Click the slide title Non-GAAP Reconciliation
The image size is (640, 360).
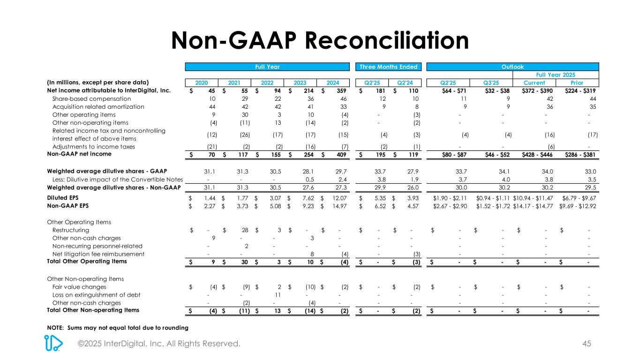coord(320,40)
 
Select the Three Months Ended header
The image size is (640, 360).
coord(388,67)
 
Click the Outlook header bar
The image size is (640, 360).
coord(513,67)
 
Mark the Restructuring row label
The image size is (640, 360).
coord(71,230)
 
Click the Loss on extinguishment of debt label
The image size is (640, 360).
coord(96,295)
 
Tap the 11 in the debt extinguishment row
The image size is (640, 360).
coord(277,295)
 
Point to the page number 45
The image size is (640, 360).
coord(586,344)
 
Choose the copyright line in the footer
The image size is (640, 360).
coord(159,344)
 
